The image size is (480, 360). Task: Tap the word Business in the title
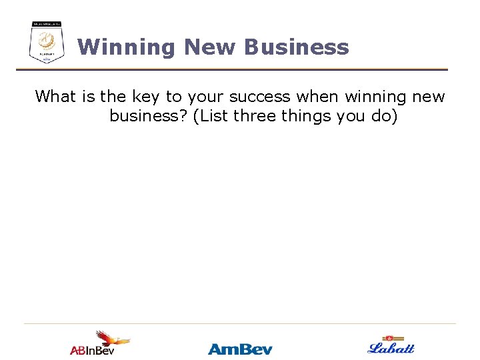tap(296, 47)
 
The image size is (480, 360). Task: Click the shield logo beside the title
tap(47, 42)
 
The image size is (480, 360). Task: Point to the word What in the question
tap(57, 97)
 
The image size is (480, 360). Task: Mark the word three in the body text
tap(255, 116)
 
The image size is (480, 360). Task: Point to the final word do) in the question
tap(383, 116)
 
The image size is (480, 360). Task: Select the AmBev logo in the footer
tap(240, 349)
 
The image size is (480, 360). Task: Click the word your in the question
tap(201, 97)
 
